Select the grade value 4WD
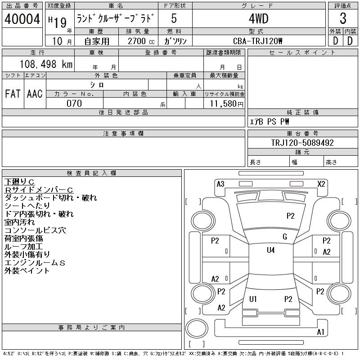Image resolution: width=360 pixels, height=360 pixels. [x=259, y=19]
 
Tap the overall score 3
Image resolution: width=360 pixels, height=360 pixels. [x=342, y=19]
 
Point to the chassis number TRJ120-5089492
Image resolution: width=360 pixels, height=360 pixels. [x=302, y=143]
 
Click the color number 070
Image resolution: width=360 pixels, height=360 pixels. [x=74, y=103]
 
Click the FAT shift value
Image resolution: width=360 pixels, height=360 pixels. [x=13, y=94]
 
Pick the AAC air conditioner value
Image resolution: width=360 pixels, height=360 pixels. [x=35, y=94]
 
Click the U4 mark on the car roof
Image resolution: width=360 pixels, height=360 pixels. [x=270, y=250]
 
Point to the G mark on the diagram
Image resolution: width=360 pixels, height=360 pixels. [x=284, y=237]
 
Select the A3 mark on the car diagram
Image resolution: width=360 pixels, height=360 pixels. [x=220, y=184]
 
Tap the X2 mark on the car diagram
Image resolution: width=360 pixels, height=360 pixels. [x=321, y=184]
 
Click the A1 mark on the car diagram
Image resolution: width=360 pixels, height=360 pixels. [x=320, y=332]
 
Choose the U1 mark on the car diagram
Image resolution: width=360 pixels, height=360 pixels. [x=253, y=299]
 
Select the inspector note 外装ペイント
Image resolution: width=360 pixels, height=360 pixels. [x=27, y=271]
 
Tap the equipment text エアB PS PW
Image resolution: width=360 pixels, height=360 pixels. [x=270, y=121]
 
